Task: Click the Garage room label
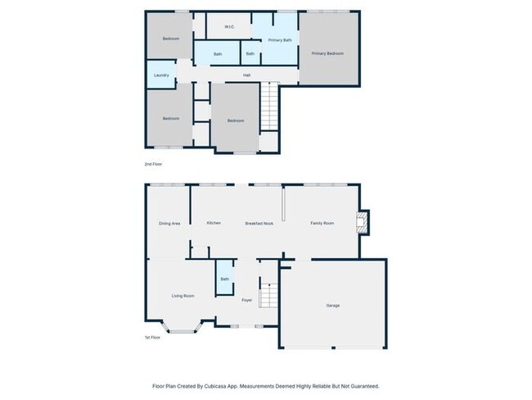tap(333, 306)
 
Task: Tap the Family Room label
tap(322, 223)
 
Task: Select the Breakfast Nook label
tap(259, 223)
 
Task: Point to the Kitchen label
tap(214, 223)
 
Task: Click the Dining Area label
tap(169, 223)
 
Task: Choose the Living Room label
tap(183, 295)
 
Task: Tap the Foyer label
tap(246, 300)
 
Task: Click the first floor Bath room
tap(224, 280)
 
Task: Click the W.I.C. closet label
tap(230, 26)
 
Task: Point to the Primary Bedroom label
tap(327, 53)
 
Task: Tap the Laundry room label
tap(160, 75)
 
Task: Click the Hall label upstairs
tap(246, 75)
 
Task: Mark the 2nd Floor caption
tap(153, 165)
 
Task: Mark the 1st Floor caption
tap(153, 337)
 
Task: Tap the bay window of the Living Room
tap(183, 329)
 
